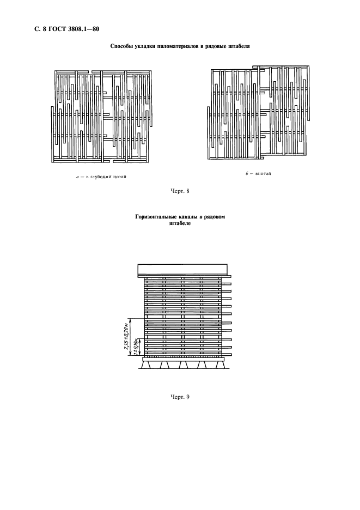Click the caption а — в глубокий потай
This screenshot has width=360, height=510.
pos(101,177)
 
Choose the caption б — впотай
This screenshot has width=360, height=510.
pos(258,174)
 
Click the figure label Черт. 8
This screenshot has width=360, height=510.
pos(180,191)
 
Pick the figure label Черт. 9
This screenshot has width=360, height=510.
pos(180,397)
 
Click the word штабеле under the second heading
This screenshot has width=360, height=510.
pos(180,223)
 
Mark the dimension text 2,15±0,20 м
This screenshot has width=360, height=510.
pos(126,336)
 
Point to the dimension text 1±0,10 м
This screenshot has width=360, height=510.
pos(136,347)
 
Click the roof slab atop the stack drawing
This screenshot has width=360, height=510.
pos(183,270)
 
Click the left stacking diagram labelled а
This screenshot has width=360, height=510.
pos(102,116)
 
